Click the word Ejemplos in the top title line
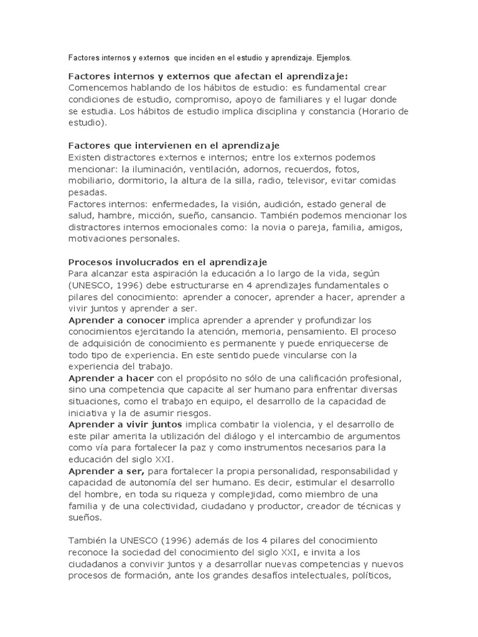coord(333,58)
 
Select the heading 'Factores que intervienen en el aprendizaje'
coord(174,146)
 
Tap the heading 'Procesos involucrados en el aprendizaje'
coord(167,262)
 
